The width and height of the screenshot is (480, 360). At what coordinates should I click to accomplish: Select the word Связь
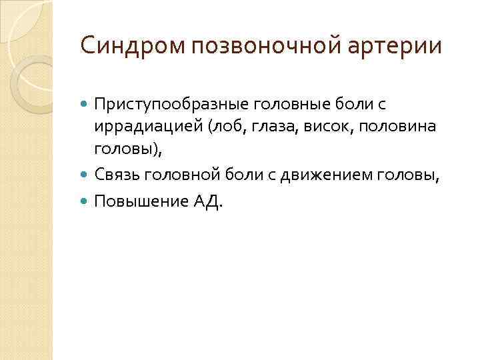(117, 175)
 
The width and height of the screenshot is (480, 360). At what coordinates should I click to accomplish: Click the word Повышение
(134, 202)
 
